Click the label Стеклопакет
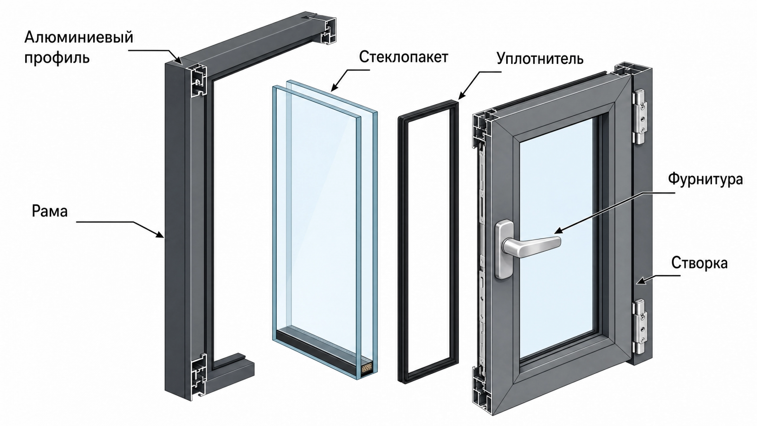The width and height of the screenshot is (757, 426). click(x=403, y=57)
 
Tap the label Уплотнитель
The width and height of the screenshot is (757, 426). click(x=540, y=59)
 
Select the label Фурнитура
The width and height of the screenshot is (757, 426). click(x=705, y=179)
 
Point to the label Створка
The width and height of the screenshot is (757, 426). click(x=699, y=263)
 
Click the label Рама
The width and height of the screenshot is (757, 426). click(x=50, y=211)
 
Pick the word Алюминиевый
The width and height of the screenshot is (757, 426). click(x=79, y=37)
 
